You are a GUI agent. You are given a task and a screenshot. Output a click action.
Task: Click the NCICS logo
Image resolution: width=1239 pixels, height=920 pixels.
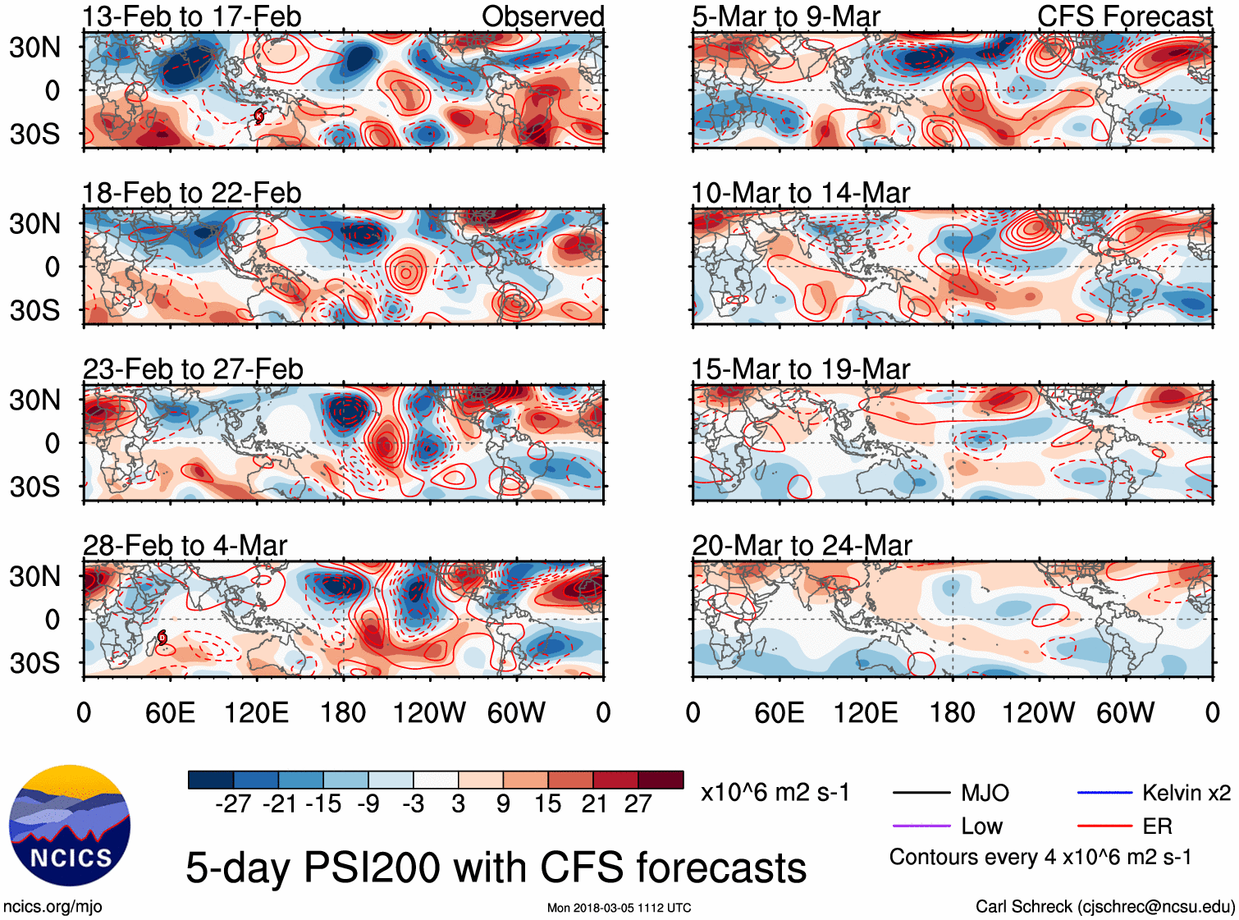click(69, 826)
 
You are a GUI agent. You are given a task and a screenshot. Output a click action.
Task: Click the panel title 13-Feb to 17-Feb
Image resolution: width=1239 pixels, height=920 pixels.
click(192, 16)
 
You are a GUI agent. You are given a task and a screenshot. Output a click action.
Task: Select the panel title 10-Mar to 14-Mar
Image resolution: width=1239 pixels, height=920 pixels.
click(801, 194)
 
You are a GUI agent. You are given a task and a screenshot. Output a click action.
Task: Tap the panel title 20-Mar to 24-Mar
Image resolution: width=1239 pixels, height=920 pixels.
click(802, 546)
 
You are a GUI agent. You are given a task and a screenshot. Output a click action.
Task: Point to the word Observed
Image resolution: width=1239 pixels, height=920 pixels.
click(542, 16)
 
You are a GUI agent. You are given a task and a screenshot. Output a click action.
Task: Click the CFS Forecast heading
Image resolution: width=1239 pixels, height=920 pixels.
click(1124, 16)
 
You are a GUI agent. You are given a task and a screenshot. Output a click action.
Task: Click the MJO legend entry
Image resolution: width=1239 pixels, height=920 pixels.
click(985, 793)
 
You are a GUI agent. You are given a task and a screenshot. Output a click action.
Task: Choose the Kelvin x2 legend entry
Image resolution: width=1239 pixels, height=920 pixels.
click(1186, 793)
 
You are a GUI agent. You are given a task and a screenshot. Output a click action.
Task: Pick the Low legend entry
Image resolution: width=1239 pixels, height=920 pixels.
click(981, 826)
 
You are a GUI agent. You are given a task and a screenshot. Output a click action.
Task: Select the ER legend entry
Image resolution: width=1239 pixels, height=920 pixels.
click(1157, 826)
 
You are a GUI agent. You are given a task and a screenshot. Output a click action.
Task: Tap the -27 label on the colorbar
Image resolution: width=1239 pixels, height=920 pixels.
click(233, 804)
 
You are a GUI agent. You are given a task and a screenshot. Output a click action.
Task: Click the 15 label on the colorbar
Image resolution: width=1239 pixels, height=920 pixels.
click(548, 804)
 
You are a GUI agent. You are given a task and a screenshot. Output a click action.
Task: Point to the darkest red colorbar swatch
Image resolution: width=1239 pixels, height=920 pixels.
click(661, 780)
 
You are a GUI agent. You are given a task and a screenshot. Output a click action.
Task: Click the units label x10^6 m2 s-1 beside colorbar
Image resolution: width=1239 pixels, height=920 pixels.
click(775, 793)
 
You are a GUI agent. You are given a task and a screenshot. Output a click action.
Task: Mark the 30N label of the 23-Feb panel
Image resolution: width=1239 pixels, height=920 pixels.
click(35, 400)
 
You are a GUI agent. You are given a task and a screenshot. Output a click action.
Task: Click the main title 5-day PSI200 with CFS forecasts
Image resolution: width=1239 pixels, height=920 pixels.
click(496, 867)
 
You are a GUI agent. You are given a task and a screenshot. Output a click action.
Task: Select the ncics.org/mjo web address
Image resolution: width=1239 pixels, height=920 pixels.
click(53, 907)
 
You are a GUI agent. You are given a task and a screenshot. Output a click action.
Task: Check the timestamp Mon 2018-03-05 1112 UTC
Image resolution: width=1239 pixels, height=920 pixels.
click(619, 908)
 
